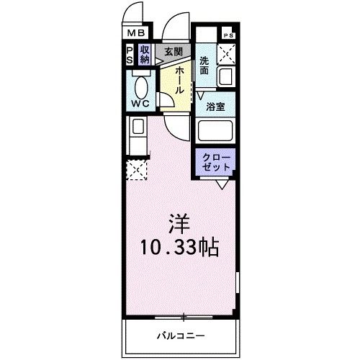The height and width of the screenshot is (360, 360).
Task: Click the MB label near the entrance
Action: coord(137,33)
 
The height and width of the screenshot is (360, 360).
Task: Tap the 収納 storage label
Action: coord(145,55)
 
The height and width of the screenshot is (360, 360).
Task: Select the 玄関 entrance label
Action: coord(172,51)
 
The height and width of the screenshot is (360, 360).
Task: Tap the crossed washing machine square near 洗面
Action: coord(227,53)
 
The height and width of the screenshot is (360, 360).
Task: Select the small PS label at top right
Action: coord(228,35)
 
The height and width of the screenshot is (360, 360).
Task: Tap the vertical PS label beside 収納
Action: coord(130,55)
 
